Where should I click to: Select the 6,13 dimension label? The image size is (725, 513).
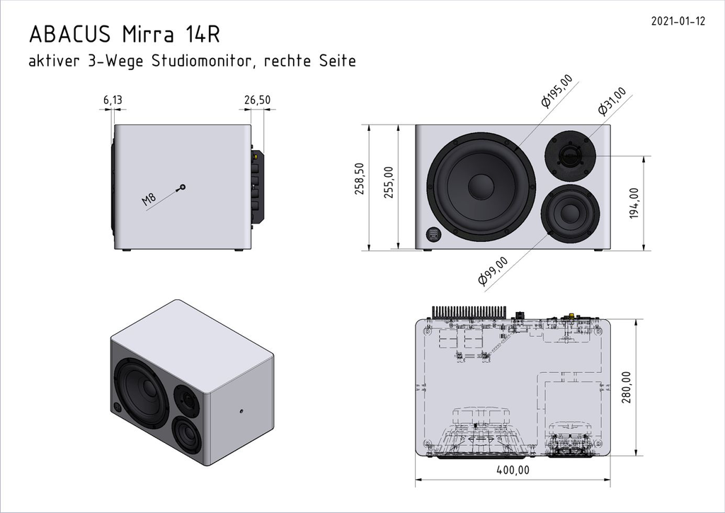coord(113,100)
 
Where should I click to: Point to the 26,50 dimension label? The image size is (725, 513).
coord(257,100)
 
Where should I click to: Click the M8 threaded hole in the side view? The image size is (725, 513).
coord(183,187)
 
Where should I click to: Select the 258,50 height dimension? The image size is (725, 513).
coord(359,179)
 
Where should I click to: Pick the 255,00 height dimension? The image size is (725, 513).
coord(387,182)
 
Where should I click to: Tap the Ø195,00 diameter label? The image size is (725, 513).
coord(556,93)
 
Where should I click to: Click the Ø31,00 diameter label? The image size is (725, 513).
coord(612,101)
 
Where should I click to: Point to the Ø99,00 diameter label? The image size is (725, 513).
coord(493,271)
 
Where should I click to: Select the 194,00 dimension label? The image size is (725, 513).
coord(634,203)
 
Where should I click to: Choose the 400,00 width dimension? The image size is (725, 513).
coord(513,470)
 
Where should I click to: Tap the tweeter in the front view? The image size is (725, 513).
coord(571,154)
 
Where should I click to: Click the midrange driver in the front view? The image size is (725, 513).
coord(571,212)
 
